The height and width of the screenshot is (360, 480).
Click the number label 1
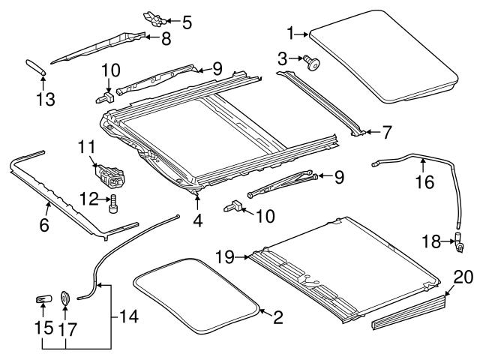coord(292,32)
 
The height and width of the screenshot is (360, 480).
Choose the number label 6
coord(44,224)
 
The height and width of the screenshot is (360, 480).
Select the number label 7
coord(387,133)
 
